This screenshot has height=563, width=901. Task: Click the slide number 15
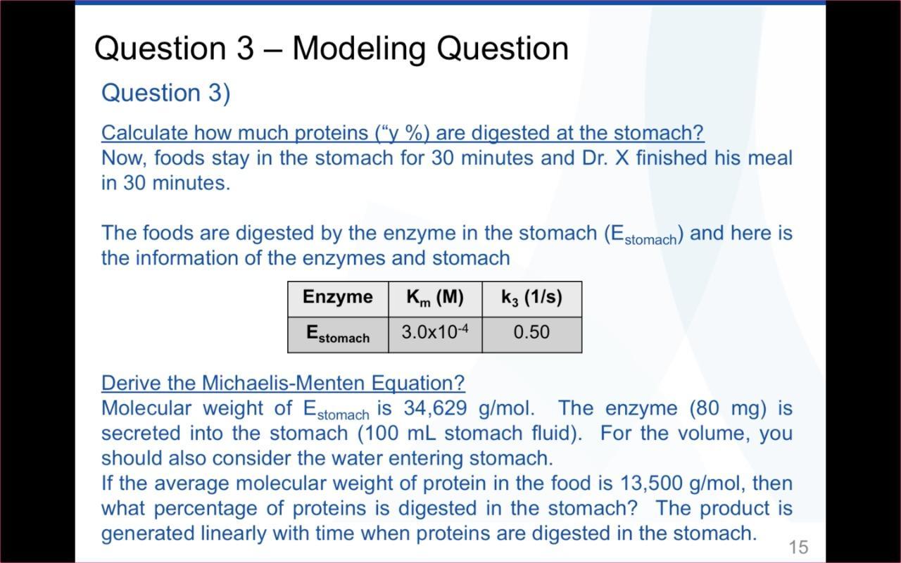pyautogui.click(x=798, y=547)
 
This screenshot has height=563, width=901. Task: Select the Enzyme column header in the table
pyautogui.click(x=338, y=297)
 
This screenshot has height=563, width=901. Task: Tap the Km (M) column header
pyautogui.click(x=435, y=298)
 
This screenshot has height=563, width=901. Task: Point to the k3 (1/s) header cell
pyautogui.click(x=531, y=298)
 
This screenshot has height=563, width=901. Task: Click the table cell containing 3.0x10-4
pyautogui.click(x=435, y=332)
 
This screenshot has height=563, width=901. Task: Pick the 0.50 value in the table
pyautogui.click(x=531, y=332)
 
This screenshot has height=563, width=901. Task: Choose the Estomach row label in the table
pyautogui.click(x=338, y=334)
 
